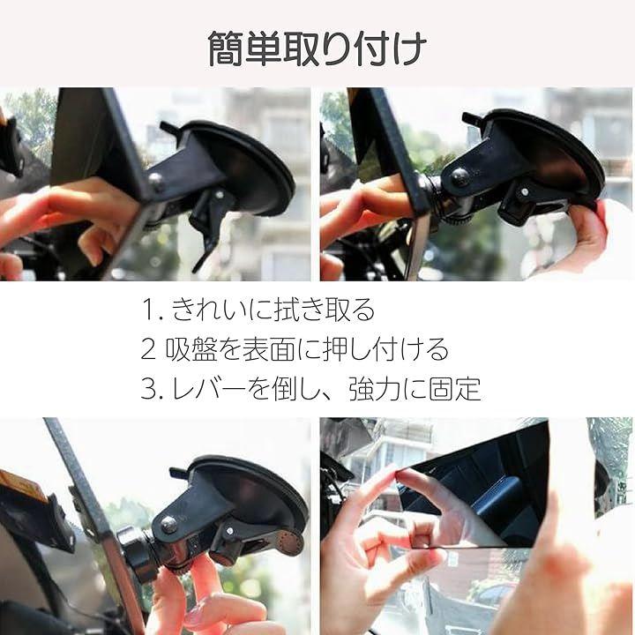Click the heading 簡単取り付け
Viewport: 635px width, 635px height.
pos(317,49)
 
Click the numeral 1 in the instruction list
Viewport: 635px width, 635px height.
pos(148,310)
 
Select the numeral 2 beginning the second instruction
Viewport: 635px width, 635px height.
pos(148,349)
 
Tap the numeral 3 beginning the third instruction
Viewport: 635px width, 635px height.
pos(148,389)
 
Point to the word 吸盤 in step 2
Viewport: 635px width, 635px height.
pos(190,349)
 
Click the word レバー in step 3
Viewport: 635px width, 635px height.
pos(209,389)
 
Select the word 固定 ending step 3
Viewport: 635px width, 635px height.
pos(455,389)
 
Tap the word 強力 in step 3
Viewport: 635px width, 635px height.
pos(375,389)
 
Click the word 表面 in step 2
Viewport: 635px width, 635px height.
pos(268,349)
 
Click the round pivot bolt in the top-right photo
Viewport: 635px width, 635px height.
pos(459,177)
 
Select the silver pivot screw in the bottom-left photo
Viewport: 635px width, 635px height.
pos(168,525)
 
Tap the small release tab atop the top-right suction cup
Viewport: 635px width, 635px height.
pos(471,118)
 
